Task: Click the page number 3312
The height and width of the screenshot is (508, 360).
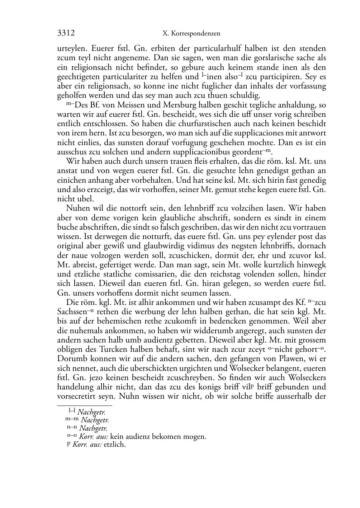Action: [x=66, y=33]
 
